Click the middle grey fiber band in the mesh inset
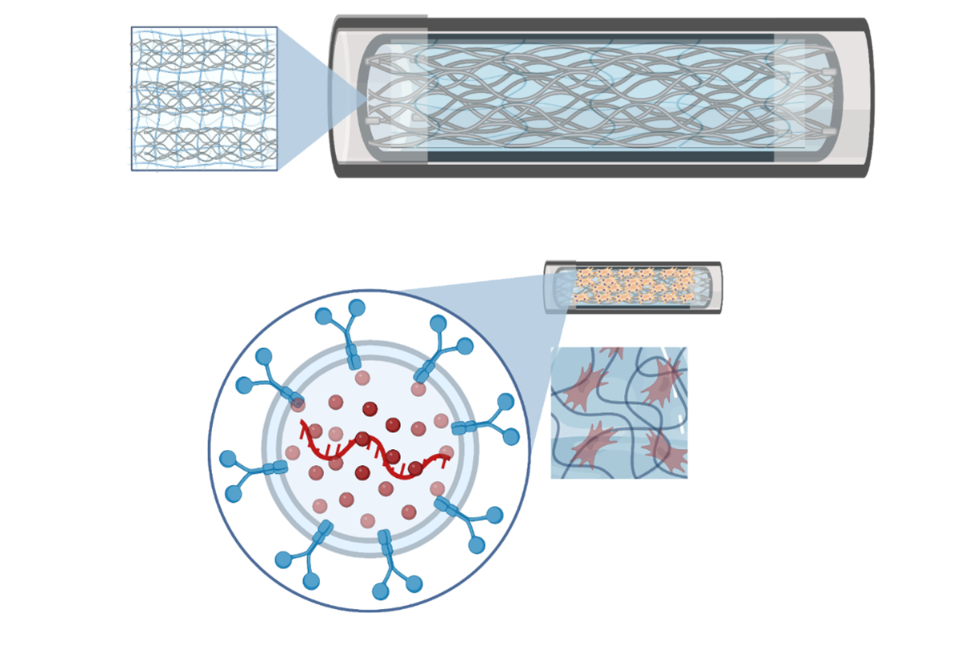[x=204, y=98]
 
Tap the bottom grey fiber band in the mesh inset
[x=204, y=142]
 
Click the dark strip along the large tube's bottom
[x=600, y=157]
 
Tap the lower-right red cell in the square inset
[x=668, y=452]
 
